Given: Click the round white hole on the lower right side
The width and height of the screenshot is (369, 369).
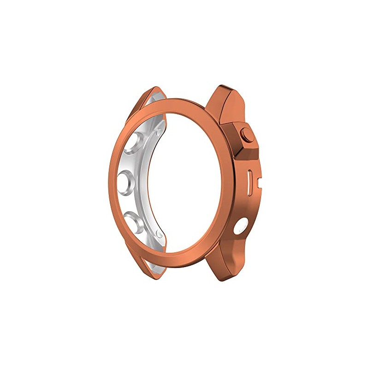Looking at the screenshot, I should click(241, 227).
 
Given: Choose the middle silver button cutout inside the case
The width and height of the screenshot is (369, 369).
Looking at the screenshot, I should click(127, 180).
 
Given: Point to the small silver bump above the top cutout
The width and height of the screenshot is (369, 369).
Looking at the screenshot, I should click(159, 132).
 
